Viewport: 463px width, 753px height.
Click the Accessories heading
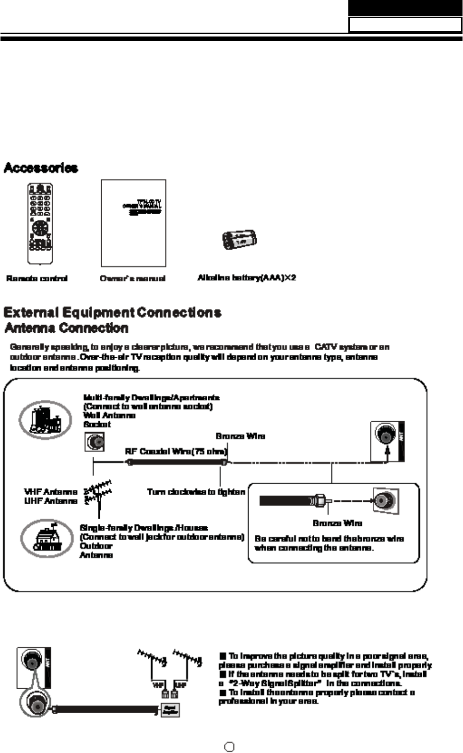click(41, 168)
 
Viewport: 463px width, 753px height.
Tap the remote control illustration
click(40, 223)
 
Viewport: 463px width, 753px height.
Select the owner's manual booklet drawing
click(133, 223)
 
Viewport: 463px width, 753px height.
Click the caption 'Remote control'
click(37, 279)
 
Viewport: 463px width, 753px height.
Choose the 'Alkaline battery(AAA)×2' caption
click(247, 278)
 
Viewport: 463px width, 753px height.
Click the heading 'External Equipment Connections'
click(112, 313)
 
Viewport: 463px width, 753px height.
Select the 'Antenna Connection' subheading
click(66, 328)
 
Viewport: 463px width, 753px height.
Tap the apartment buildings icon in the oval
click(45, 420)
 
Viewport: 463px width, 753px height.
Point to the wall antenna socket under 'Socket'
click(95, 441)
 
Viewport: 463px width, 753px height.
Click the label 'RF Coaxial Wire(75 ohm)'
click(176, 451)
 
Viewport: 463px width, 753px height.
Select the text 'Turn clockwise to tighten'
click(196, 492)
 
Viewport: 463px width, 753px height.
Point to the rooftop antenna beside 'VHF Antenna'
click(98, 494)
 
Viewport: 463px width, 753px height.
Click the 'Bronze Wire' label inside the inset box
click(337, 523)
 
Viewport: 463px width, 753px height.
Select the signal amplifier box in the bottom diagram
click(170, 710)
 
